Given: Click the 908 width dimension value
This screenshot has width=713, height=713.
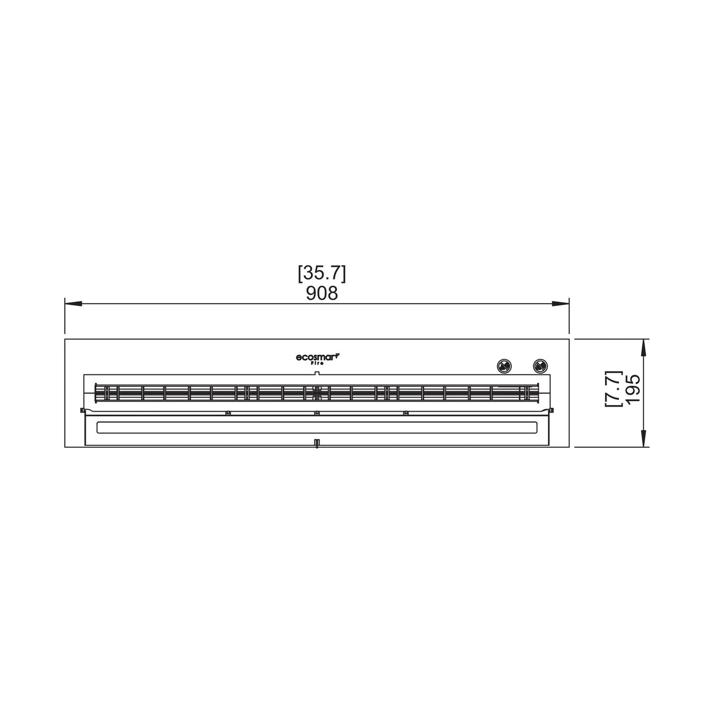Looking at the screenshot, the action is pyautogui.click(x=321, y=294).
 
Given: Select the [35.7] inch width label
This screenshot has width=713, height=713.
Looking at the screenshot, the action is pyautogui.click(x=322, y=274).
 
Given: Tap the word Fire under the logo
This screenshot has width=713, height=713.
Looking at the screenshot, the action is pyautogui.click(x=317, y=363).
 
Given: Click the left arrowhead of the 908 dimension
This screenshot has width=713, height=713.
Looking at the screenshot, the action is pyautogui.click(x=74, y=304).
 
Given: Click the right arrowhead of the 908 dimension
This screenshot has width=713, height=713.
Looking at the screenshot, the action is pyautogui.click(x=560, y=304).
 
